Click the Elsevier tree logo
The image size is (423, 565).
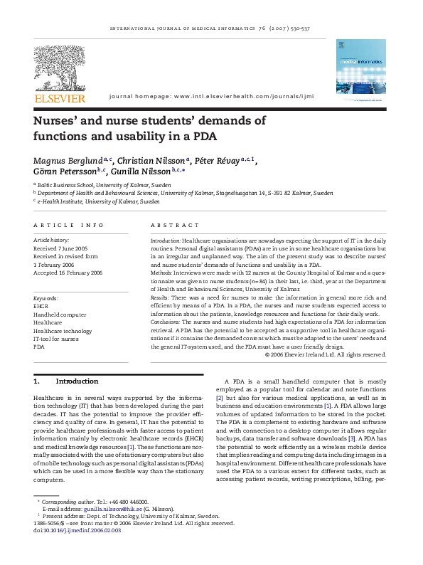59,62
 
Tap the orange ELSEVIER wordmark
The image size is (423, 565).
59,97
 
